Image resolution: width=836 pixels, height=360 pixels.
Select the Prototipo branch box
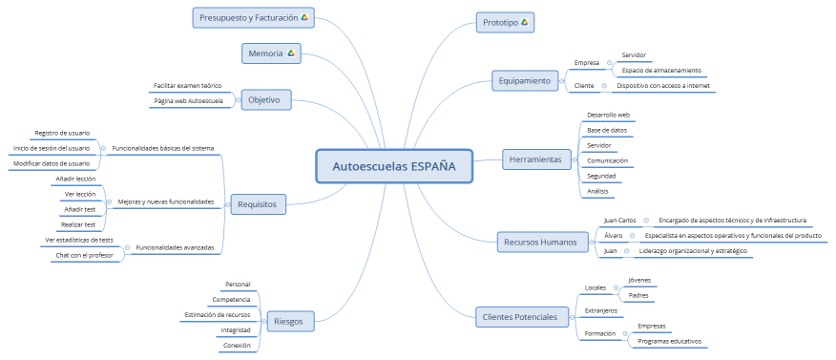coord(506,21)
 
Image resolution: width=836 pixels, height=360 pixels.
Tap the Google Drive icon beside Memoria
coord(291,53)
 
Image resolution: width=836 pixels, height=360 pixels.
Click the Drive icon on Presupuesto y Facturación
coord(304,17)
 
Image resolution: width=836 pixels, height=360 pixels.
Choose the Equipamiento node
coord(524,81)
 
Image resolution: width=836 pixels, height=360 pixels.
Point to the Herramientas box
coord(535,159)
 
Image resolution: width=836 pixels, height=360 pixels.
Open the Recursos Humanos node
coord(539,243)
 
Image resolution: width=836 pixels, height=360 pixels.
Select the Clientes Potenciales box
coord(520,316)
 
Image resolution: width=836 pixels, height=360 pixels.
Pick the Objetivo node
coord(264,99)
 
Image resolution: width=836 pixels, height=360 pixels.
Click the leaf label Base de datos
coord(607,130)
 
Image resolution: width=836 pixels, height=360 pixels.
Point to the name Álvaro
coord(613,235)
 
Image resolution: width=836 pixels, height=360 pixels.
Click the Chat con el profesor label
coord(84,255)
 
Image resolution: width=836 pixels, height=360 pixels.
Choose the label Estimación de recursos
coord(217,314)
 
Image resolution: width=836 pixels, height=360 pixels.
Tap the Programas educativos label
coord(669,341)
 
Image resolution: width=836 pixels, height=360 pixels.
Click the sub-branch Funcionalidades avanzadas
coord(175,247)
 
